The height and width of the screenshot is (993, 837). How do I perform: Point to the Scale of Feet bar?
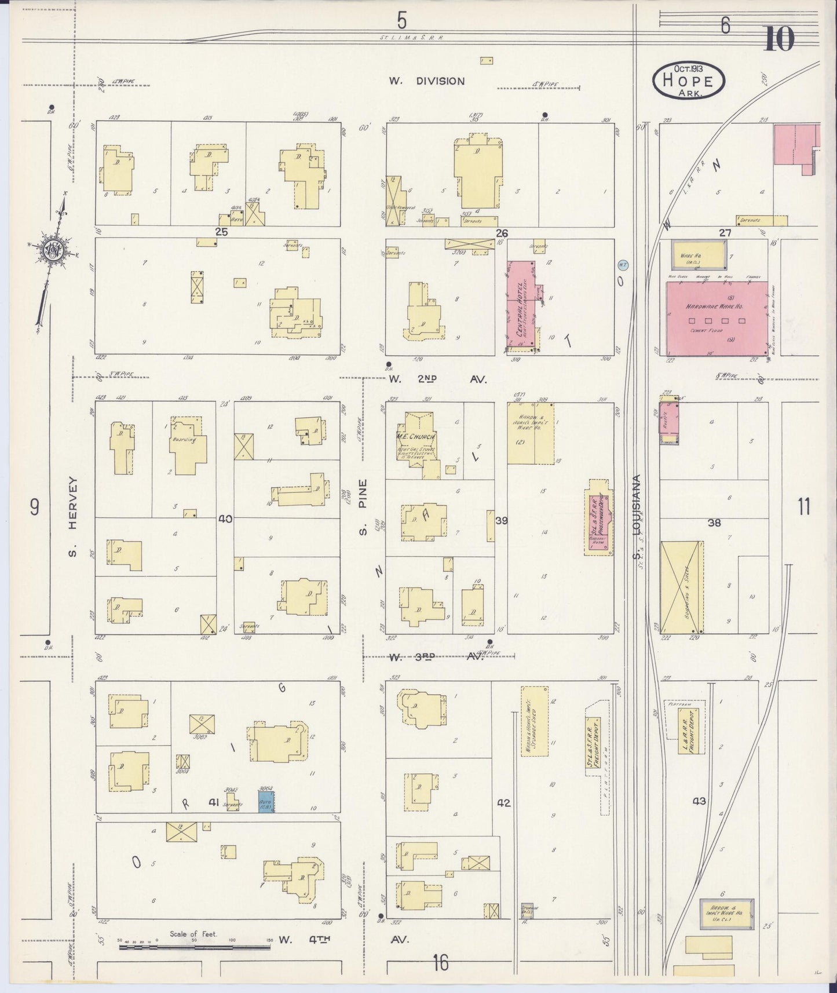click(194, 947)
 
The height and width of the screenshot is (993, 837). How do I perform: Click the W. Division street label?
click(426, 81)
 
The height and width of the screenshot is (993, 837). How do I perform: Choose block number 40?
click(225, 519)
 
